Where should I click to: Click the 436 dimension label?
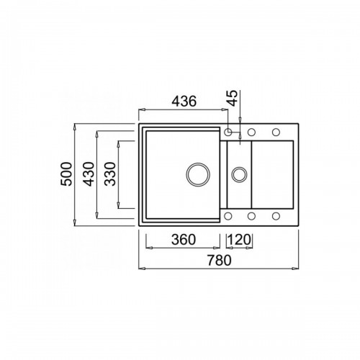pyautogui.click(x=184, y=102)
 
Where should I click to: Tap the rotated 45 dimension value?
pyautogui.click(x=233, y=98)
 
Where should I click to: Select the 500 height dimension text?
pyautogui.click(x=66, y=174)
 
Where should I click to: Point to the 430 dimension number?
pyautogui.click(x=89, y=174)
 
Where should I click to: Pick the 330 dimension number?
pyautogui.click(x=110, y=174)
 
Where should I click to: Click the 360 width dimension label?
pyautogui.click(x=184, y=240)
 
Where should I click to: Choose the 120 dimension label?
pyautogui.click(x=239, y=240)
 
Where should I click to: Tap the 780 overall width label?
pyautogui.click(x=220, y=261)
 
